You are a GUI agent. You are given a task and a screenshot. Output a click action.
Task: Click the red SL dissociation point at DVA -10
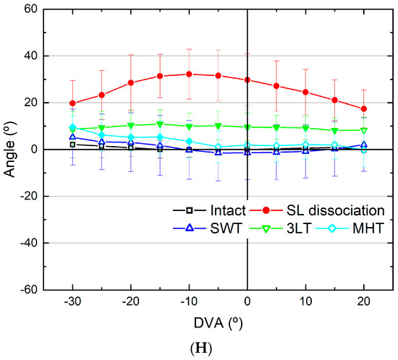coord(189,74)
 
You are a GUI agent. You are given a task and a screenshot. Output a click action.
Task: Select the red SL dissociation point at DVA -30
coord(72,103)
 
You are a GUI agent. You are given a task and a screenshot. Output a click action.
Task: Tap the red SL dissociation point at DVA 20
coord(363,108)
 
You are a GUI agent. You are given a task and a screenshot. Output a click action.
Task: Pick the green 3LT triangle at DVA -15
coord(160,124)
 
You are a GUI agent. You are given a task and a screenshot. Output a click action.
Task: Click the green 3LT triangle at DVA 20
coord(363,130)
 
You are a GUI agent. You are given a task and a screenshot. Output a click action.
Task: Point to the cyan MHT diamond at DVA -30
coord(72,127)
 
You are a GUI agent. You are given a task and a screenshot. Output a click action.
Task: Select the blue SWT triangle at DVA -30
coord(72,137)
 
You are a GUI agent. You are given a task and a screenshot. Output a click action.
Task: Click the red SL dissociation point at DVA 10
coord(305,92)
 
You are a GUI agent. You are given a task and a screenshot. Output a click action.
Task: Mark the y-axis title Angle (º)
coord(9,149)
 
